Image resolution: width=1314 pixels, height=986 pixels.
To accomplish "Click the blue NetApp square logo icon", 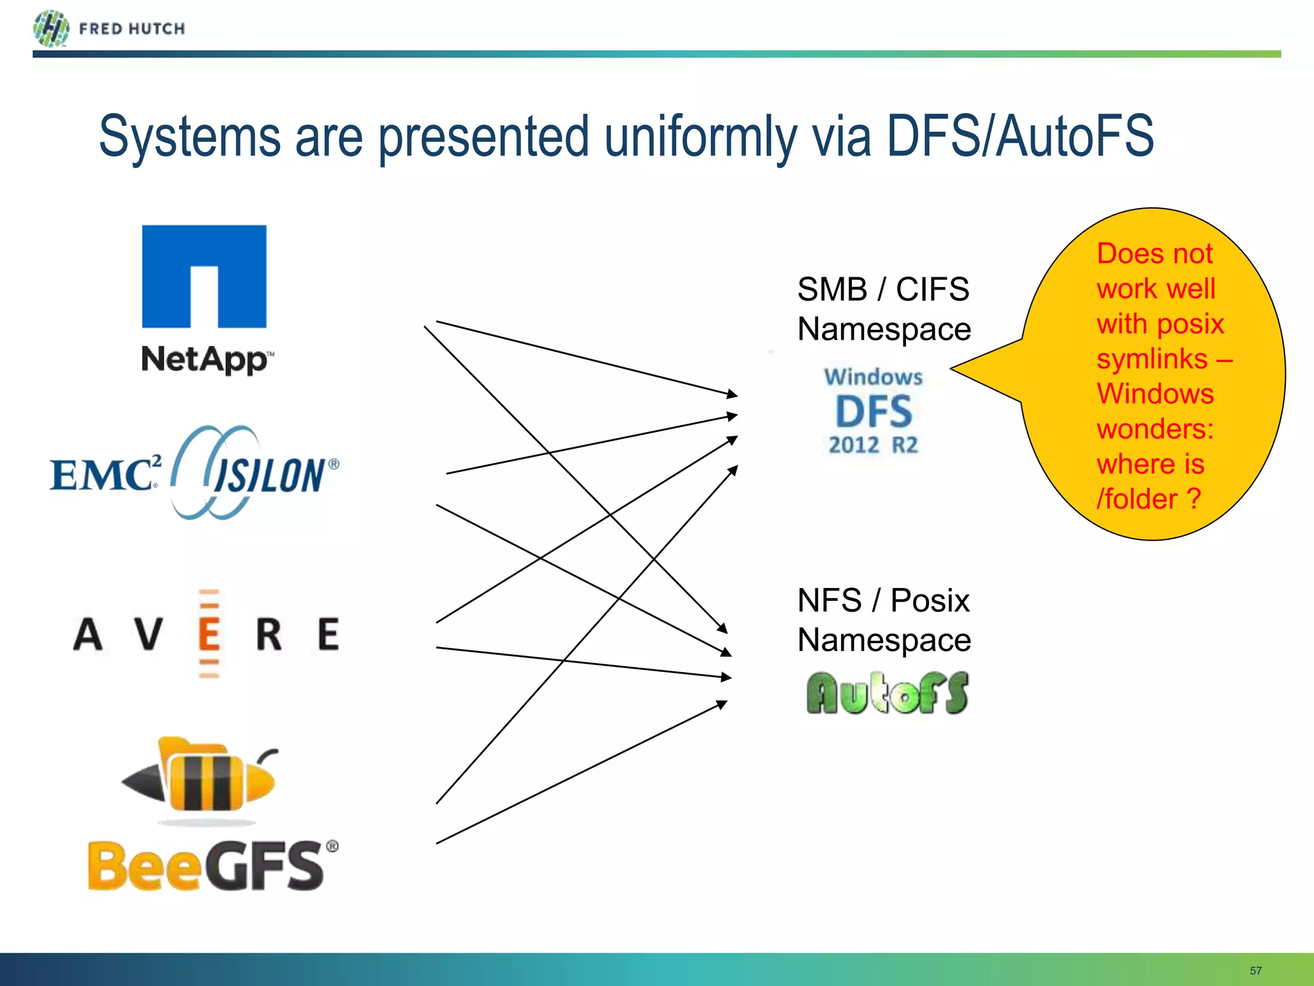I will click(x=204, y=276).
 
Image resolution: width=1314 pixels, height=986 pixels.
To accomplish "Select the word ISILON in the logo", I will click(x=269, y=476).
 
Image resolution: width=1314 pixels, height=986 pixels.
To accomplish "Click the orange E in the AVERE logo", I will click(x=209, y=634).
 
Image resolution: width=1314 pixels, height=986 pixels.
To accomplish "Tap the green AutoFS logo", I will click(x=887, y=693).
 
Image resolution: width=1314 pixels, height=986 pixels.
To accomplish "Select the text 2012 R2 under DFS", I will click(x=873, y=445).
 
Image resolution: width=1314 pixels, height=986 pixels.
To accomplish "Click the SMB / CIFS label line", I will click(x=883, y=290).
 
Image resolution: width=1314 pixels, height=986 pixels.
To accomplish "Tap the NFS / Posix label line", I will click(x=883, y=601).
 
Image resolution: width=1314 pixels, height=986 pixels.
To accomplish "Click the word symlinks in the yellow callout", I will click(x=1152, y=359).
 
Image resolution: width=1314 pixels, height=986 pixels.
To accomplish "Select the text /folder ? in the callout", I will click(x=1148, y=499).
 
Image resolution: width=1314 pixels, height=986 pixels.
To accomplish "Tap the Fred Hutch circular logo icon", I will click(x=51, y=28).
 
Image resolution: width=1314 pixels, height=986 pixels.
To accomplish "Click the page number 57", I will click(x=1256, y=971).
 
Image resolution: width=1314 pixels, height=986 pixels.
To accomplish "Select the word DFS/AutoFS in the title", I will click(x=1020, y=136).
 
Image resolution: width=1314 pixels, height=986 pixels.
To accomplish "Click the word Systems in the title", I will click(x=190, y=136).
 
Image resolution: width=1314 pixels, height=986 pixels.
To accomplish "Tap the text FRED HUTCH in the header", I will click(x=132, y=29).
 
